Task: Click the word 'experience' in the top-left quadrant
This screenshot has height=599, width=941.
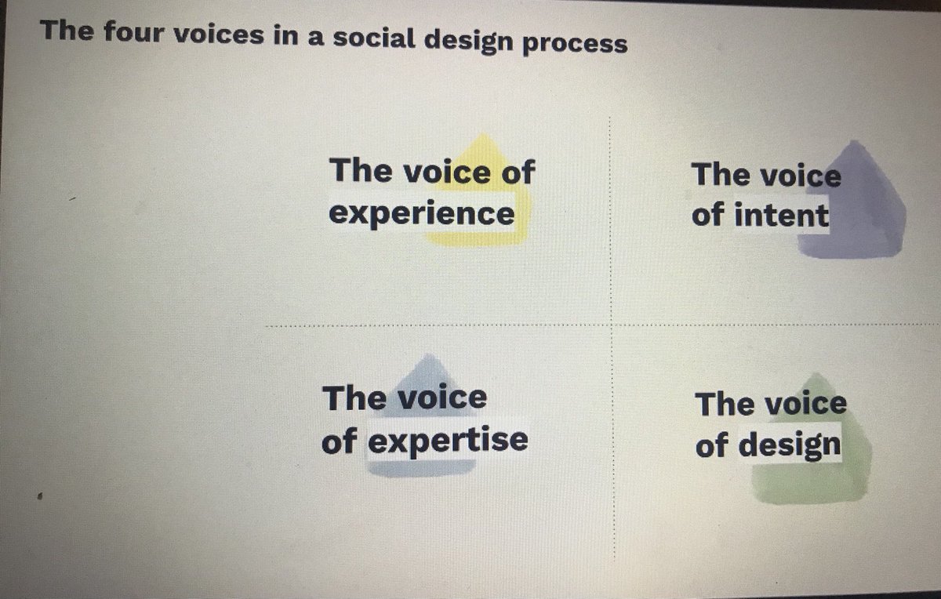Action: click(x=422, y=213)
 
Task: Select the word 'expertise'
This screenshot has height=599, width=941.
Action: click(x=447, y=441)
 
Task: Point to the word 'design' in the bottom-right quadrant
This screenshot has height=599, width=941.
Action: click(x=790, y=446)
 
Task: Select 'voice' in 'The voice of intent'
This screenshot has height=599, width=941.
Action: click(x=800, y=175)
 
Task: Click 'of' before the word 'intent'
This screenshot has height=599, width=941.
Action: click(x=707, y=214)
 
